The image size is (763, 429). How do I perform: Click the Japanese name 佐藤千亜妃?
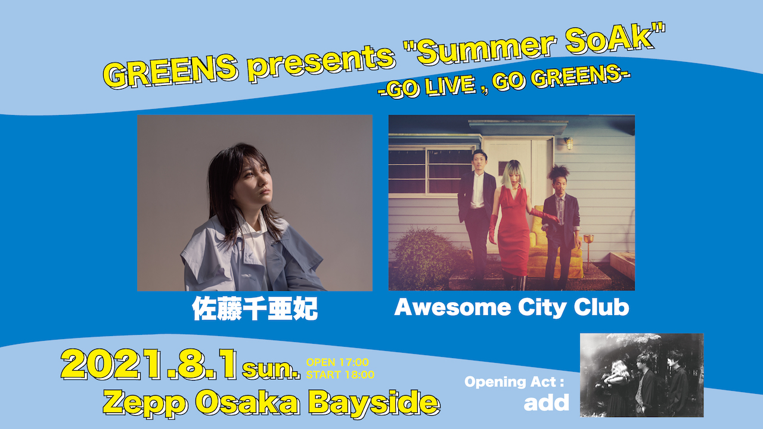pyautogui.click(x=255, y=309)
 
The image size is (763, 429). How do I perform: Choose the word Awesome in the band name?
pyautogui.click(x=452, y=307)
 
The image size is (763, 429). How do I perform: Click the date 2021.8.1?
pyautogui.click(x=149, y=364)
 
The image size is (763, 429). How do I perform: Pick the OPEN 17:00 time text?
pyautogui.click(x=337, y=362)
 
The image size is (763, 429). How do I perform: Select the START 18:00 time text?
pyautogui.click(x=340, y=375)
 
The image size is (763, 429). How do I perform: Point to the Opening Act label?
pyautogui.click(x=514, y=382)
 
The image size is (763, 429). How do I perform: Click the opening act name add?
pyautogui.click(x=547, y=402)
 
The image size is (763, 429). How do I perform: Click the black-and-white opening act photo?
pyautogui.click(x=642, y=375)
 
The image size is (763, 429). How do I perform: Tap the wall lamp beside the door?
pyautogui.click(x=569, y=143)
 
